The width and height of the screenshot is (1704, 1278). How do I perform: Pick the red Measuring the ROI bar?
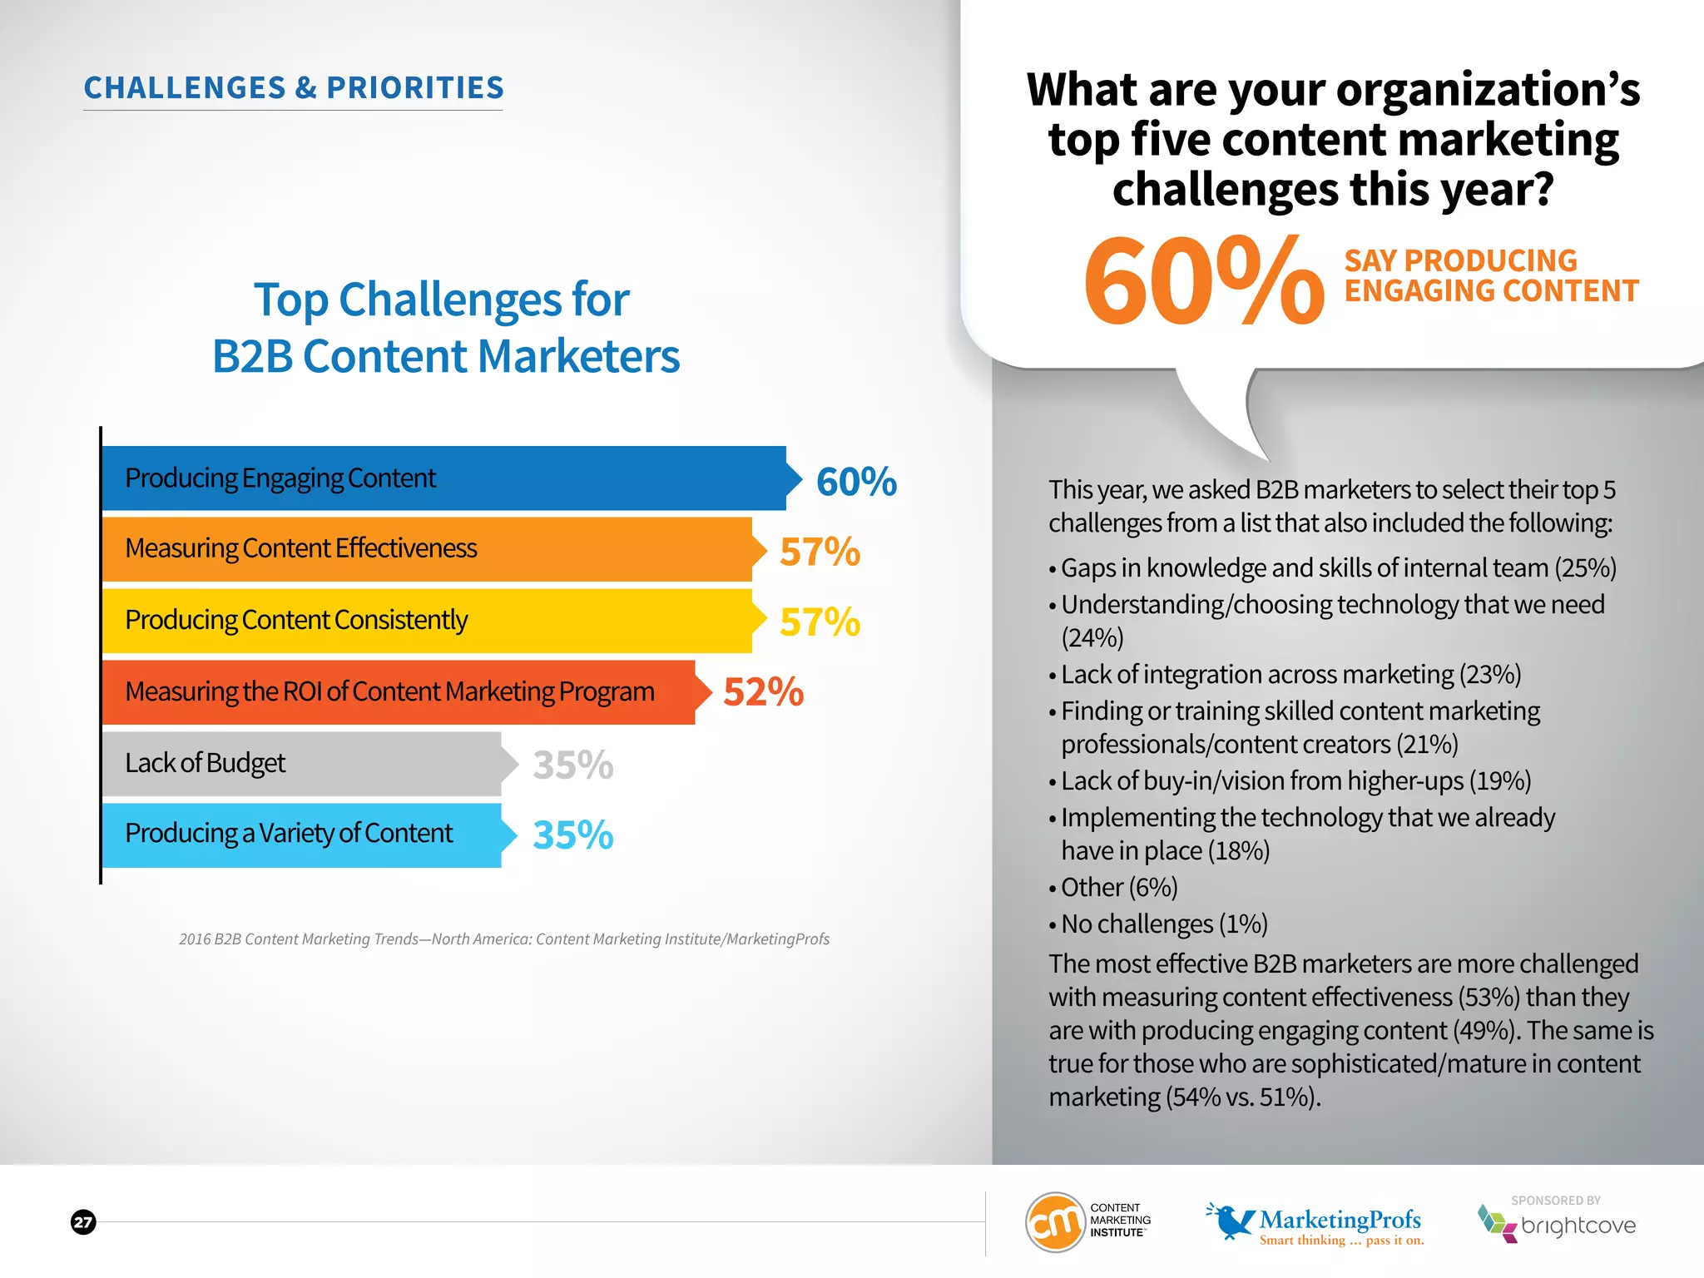399,692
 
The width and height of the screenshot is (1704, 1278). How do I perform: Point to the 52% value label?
763,692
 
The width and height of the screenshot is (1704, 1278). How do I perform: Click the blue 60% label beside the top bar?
856,482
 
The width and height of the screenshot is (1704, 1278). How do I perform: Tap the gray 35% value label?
572,765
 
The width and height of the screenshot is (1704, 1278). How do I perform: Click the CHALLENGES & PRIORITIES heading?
294,88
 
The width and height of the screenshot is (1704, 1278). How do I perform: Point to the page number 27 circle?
83,1221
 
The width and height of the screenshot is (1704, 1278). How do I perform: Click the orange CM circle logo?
1054,1221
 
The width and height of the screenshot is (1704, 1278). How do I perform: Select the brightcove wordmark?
1578,1226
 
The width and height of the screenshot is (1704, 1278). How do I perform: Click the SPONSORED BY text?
1556,1201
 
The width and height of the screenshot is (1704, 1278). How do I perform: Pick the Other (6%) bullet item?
1118,888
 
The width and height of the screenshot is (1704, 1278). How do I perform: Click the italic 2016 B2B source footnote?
504,939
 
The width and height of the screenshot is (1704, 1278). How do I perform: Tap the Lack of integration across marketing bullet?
1290,675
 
